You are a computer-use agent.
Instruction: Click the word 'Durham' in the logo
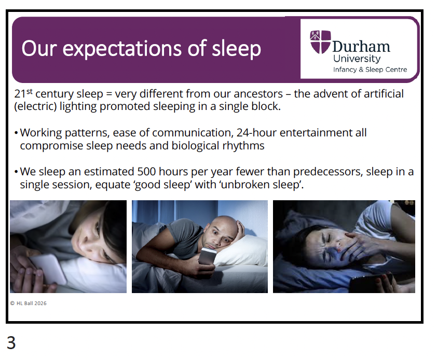tap(361, 47)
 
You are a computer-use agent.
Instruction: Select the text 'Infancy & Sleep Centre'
tap(370, 70)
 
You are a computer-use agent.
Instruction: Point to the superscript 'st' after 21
tap(29, 91)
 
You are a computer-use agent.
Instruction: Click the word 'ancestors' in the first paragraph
tap(258, 94)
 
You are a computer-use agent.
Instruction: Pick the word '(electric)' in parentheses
tap(35, 106)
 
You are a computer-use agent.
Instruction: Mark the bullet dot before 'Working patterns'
tap(16, 133)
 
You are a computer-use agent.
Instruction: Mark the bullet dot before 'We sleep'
tap(16, 172)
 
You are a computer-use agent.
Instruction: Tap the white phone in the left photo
tap(47, 269)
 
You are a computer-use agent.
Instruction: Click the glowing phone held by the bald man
tap(207, 256)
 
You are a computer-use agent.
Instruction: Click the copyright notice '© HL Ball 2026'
tap(28, 303)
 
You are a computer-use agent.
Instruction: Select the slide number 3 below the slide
tap(11, 343)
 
